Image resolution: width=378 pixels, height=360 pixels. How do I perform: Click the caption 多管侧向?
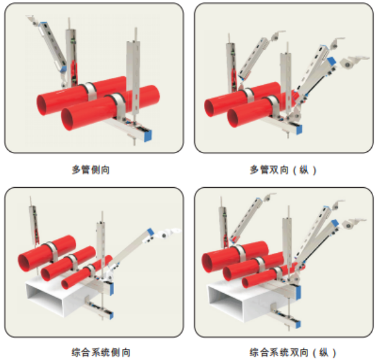coord(90,170)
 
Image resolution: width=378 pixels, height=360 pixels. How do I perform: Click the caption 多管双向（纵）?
coord(283,170)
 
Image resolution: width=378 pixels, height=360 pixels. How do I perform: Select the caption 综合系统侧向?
coord(101,353)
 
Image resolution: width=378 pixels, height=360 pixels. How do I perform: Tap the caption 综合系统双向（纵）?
coord(292,353)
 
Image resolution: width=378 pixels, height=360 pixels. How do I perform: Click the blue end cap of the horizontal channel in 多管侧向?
coord(147,136)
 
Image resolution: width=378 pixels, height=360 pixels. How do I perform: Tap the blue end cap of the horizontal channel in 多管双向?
coord(299,130)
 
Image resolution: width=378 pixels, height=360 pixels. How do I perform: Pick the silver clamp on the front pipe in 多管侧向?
coord(118,103)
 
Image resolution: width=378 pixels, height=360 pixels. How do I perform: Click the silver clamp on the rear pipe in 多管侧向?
coord(90,91)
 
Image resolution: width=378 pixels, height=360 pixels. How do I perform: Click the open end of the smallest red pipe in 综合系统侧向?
coord(65,284)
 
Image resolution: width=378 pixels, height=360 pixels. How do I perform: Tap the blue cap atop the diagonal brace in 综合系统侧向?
coord(151,232)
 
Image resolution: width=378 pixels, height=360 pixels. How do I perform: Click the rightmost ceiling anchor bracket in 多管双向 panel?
coord(353,62)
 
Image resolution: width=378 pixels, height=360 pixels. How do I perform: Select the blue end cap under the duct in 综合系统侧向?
coord(111,315)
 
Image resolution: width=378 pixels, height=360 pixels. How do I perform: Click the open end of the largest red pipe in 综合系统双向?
coord(207,263)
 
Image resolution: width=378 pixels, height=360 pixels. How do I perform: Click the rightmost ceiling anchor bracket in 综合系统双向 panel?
coord(353,224)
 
